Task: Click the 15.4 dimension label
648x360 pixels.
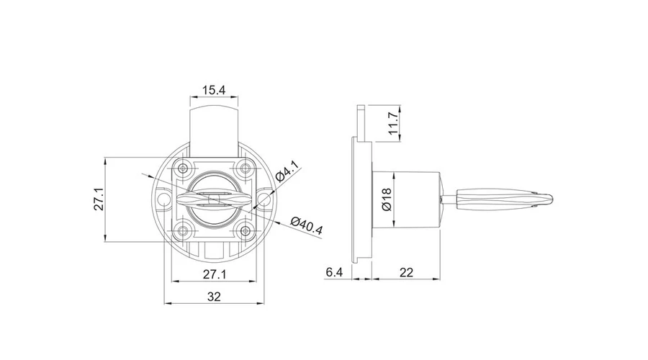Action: point(214,90)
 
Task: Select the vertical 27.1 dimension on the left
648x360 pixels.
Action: point(99,199)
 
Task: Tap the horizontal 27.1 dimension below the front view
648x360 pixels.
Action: point(215,274)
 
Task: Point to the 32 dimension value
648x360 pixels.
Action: point(214,297)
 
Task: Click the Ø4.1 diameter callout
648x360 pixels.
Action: point(286,171)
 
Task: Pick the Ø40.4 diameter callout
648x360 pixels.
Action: point(306,225)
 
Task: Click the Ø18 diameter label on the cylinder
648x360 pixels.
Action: point(387,199)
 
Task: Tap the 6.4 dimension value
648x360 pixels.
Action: point(334,272)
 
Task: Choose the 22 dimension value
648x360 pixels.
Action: point(407,272)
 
